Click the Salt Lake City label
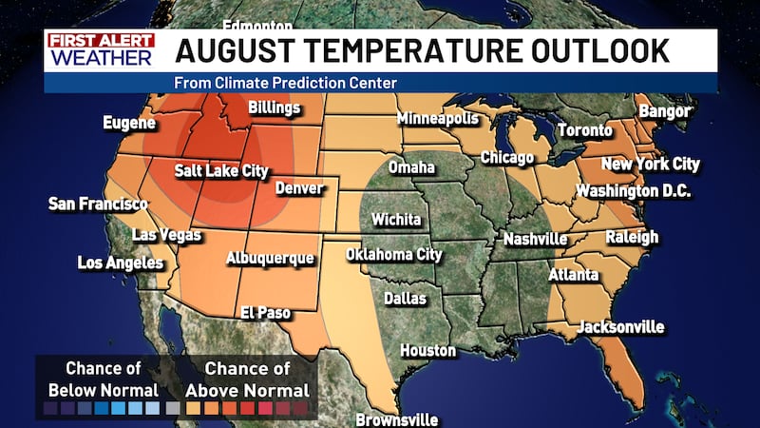tap(220, 172)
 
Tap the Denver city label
tap(299, 188)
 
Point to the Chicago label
tap(506, 157)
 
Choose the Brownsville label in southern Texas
tap(397, 419)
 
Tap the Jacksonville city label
tap(620, 326)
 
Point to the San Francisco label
tap(98, 204)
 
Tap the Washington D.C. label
tap(633, 191)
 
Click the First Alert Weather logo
tap(100, 50)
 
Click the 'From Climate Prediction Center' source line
tap(285, 83)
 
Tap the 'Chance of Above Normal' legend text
tap(256, 379)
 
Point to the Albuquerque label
tap(270, 258)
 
